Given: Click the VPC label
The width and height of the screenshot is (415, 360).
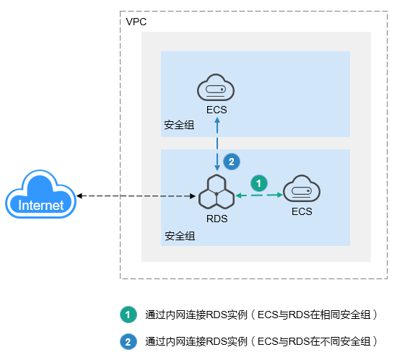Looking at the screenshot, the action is point(136,22).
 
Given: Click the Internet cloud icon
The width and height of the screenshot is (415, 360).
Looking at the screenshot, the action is point(40,194).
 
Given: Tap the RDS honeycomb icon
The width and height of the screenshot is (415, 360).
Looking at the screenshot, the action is point(217,192).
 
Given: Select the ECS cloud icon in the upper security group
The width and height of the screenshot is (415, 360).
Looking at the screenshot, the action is point(216,87).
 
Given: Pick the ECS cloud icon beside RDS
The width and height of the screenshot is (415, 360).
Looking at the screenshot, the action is point(302,188).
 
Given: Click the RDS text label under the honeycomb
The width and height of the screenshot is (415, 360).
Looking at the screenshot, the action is point(217,219).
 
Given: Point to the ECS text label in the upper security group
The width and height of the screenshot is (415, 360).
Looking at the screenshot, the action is point(217,110).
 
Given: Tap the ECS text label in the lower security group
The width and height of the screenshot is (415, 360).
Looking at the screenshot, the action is point(302,211).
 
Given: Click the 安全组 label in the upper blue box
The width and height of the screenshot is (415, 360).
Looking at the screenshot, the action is point(179,125).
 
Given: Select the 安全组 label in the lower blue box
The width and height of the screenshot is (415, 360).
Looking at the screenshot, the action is point(180,236).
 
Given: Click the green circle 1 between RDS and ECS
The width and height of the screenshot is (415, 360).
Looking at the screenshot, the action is point(259,183).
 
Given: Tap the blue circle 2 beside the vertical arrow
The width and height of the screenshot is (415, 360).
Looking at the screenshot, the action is point(232,162).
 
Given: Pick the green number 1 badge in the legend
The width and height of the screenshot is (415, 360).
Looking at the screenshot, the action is point(128,315).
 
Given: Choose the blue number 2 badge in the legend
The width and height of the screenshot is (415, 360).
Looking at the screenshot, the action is point(128,342).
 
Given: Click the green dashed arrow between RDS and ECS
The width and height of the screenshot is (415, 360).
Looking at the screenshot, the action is point(259,196).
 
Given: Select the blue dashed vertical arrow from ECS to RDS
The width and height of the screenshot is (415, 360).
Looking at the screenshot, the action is point(217,144).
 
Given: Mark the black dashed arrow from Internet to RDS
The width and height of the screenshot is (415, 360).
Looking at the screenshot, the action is point(136,196).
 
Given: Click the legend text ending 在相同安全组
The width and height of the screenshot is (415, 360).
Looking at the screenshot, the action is point(261,315).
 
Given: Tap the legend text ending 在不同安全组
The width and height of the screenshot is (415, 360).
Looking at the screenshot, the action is point(261,341).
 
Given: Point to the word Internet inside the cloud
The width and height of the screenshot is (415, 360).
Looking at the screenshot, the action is point(40,205).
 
